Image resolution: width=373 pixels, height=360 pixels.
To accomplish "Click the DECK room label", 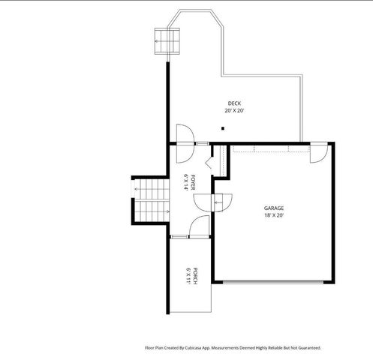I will point(234,103).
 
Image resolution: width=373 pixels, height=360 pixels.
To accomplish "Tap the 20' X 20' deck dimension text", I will point(234,111).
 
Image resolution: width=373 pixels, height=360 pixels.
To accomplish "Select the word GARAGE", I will point(273,208).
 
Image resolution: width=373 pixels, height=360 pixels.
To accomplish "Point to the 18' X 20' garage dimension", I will point(273,215).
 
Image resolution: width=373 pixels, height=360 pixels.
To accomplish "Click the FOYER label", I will point(193,181).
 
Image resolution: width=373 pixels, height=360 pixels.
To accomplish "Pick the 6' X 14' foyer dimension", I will point(186,181).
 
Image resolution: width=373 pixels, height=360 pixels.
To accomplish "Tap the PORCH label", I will point(195,275).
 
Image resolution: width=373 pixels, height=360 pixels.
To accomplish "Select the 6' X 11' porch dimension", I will point(188,275).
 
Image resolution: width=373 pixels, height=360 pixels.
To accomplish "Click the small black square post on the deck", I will point(222,129).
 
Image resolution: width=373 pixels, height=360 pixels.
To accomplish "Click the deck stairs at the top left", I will point(168,41).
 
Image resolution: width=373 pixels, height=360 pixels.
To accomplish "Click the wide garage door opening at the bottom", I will point(273,282).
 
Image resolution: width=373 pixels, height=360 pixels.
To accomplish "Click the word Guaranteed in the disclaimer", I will point(308,348).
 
